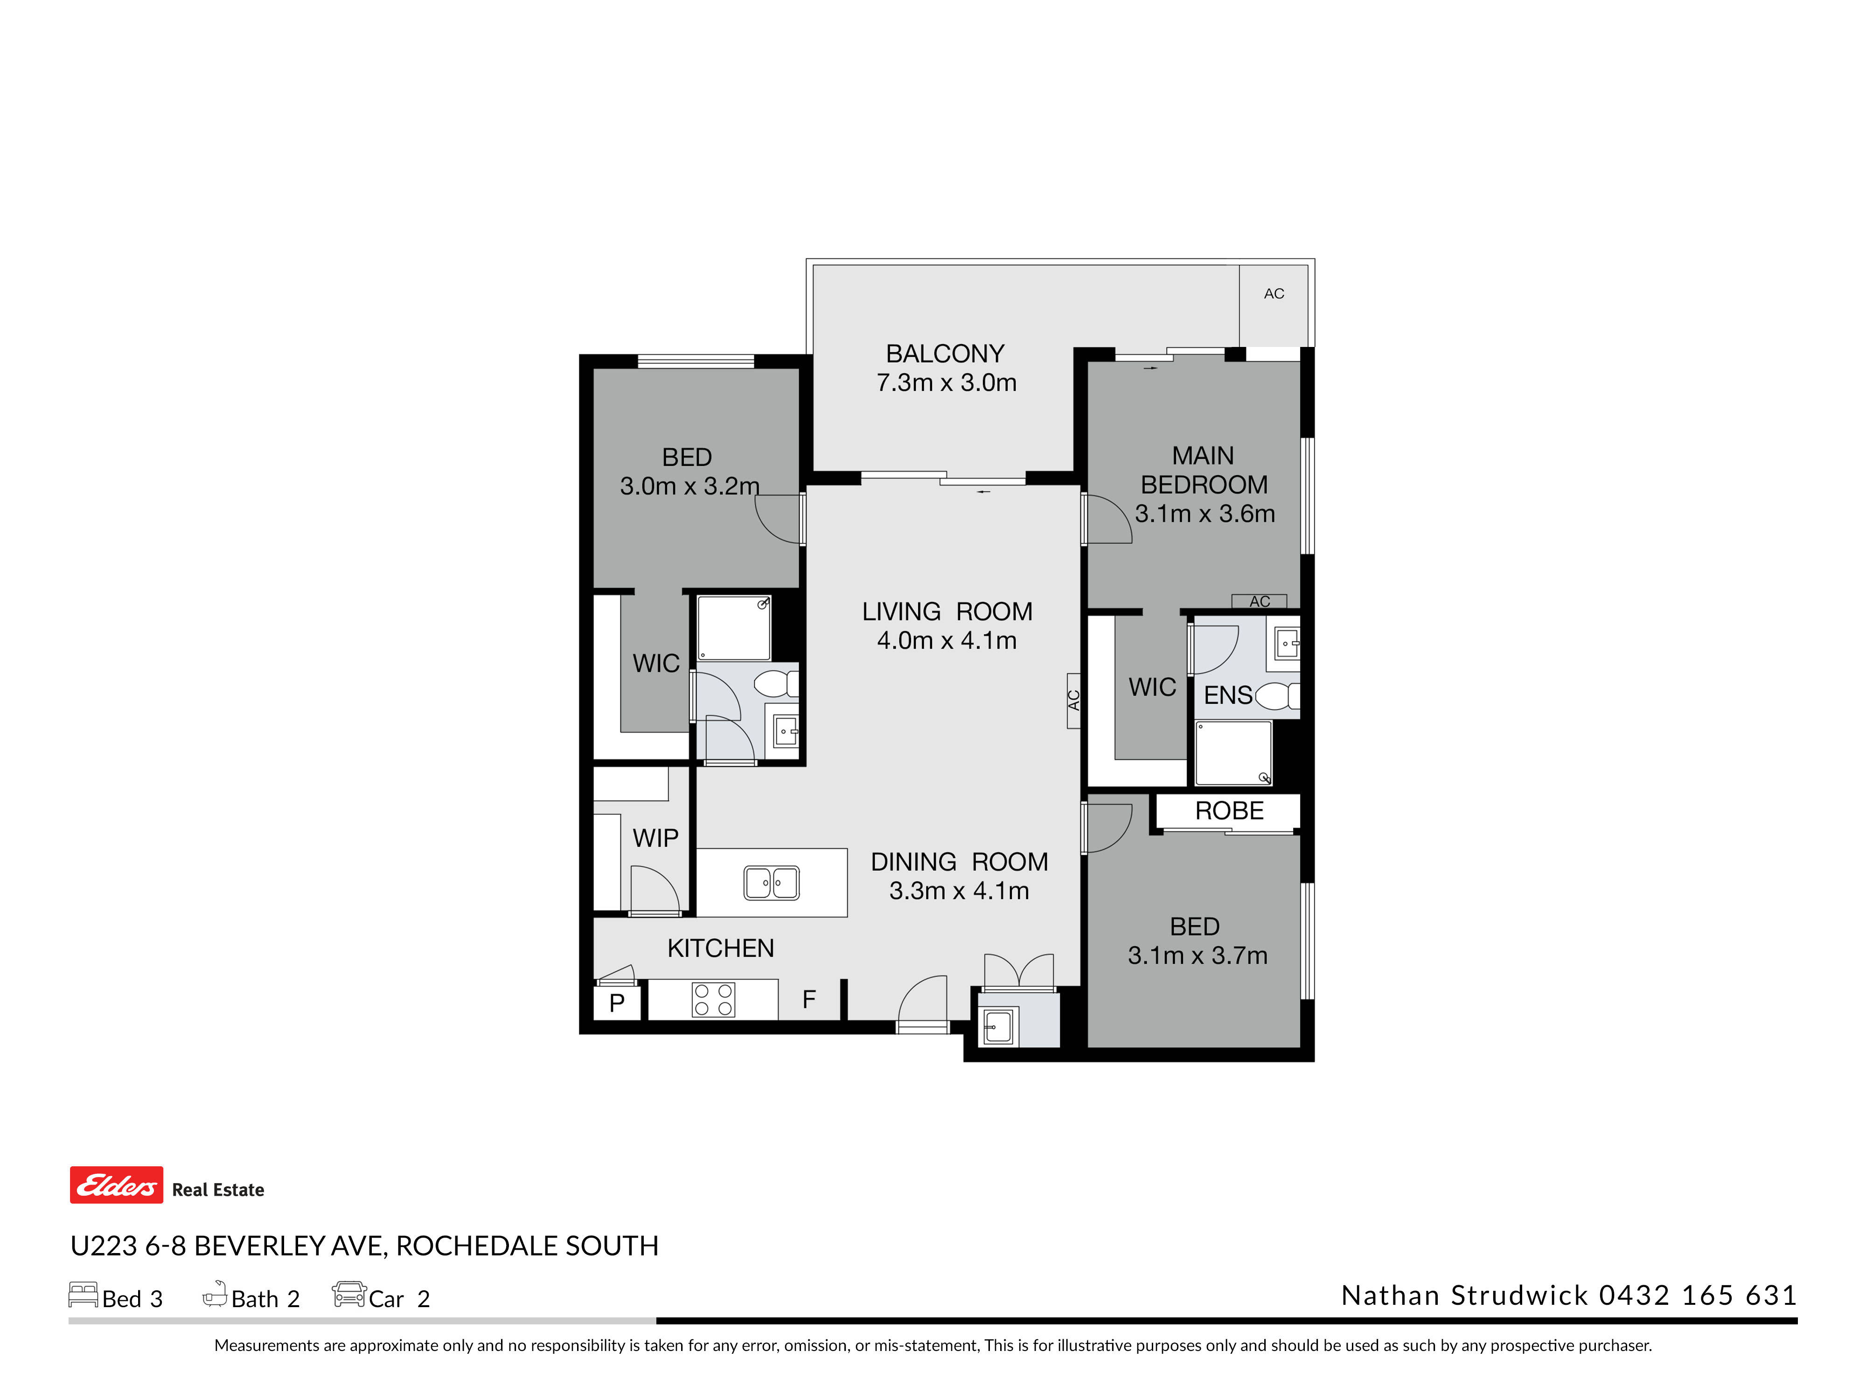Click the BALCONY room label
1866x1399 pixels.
[945, 353]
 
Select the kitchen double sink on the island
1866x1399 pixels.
[771, 883]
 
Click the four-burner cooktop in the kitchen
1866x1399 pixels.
[713, 999]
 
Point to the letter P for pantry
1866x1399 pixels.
[617, 1003]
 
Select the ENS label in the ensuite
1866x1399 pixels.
[1227, 696]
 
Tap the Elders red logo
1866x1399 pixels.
[117, 1185]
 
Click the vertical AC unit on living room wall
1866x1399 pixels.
[1073, 700]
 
